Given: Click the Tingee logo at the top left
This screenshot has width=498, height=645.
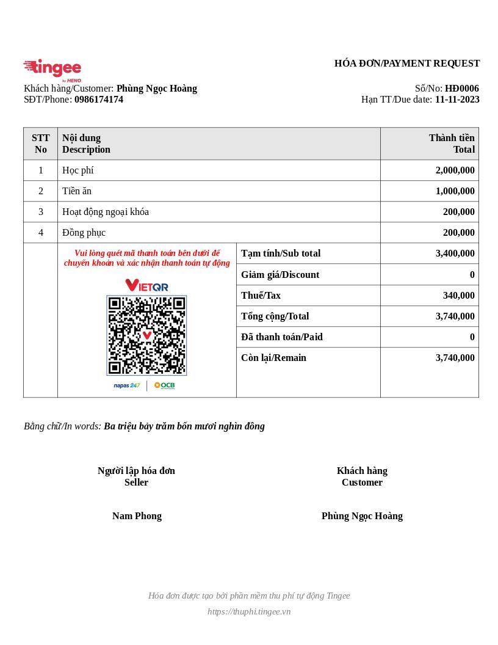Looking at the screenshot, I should [x=52, y=69].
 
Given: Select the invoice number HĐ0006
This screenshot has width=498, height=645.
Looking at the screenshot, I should [x=461, y=89].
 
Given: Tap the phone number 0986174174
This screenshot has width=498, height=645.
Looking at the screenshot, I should [x=99, y=100].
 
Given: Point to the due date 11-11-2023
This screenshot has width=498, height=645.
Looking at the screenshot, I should [x=457, y=100].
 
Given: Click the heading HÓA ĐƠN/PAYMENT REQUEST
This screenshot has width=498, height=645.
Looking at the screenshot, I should [x=407, y=64].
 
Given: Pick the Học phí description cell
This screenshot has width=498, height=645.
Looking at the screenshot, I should [x=78, y=170].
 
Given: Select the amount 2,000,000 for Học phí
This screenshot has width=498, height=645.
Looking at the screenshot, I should [x=455, y=170].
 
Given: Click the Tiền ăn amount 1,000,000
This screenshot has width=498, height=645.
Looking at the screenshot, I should [x=455, y=191].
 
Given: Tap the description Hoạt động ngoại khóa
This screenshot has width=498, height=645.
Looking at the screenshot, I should [x=106, y=212].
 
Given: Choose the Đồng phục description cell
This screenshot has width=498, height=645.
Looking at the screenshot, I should [x=84, y=233].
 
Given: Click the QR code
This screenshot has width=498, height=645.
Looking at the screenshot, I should [x=146, y=335].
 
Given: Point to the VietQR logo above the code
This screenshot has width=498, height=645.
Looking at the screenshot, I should [x=146, y=285].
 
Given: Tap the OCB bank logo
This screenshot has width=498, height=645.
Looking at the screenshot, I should [x=165, y=385].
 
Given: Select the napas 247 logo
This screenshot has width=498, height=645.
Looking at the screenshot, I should [x=127, y=385].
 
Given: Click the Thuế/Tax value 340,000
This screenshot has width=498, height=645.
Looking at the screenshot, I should [x=458, y=296].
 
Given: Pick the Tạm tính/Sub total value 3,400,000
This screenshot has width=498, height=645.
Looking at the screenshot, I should [x=455, y=253].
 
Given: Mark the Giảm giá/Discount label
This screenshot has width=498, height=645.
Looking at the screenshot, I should [x=280, y=275].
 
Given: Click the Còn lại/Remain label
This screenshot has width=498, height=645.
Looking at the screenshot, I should [x=273, y=358].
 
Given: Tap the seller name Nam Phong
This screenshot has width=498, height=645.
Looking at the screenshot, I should [x=137, y=516].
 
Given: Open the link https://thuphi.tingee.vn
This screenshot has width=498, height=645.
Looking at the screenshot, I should [x=249, y=611].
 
